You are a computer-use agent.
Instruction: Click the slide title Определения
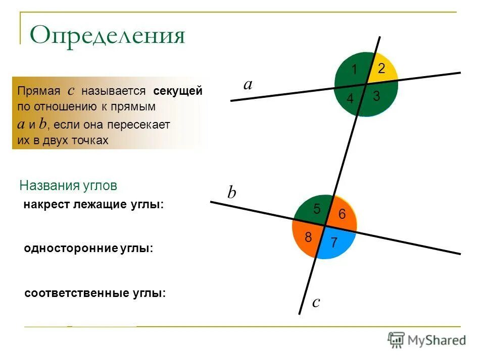click(x=108, y=36)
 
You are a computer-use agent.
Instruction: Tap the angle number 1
click(x=355, y=70)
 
